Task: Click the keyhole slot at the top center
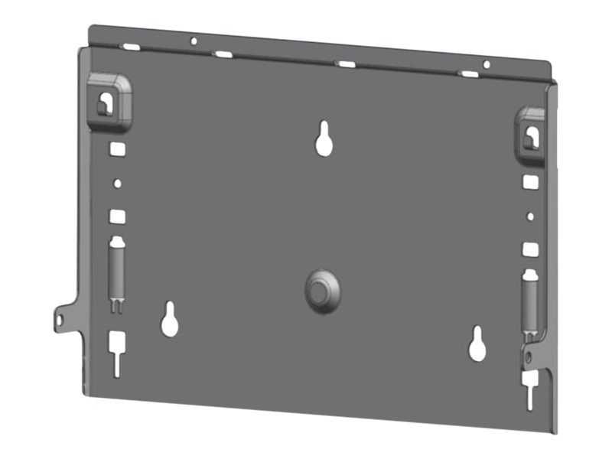click(324, 139)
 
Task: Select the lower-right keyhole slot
click(478, 344)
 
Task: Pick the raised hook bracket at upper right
click(530, 134)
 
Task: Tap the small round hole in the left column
click(117, 184)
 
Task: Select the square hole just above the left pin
click(117, 216)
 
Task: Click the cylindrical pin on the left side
click(116, 271)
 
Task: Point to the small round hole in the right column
click(530, 216)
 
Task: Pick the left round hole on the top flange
click(194, 41)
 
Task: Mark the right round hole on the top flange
click(486, 64)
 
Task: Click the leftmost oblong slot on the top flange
click(131, 47)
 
